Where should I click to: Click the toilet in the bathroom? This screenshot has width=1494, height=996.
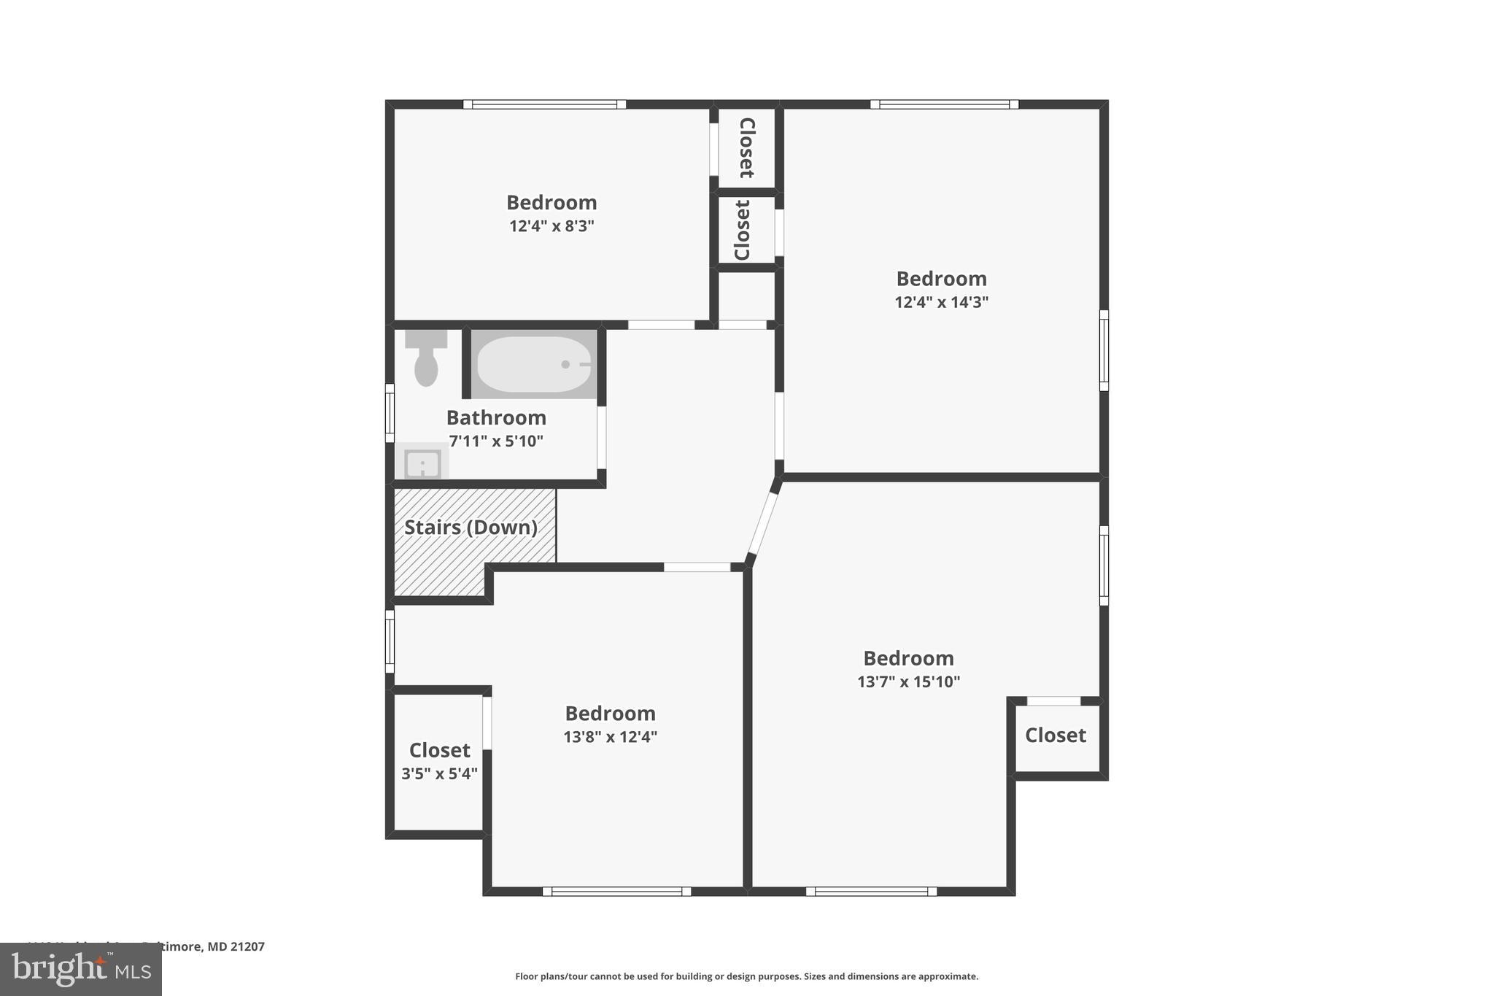[x=426, y=359]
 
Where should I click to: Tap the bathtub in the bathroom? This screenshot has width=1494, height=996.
[x=534, y=364]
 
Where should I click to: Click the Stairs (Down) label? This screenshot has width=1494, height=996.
[x=471, y=528]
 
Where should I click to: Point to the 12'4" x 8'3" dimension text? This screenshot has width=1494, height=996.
[x=551, y=226]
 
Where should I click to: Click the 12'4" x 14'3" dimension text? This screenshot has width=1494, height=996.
[x=941, y=302]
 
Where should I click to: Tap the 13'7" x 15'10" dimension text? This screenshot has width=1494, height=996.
[x=908, y=682]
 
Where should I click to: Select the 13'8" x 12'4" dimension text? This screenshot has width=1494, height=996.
[x=610, y=737]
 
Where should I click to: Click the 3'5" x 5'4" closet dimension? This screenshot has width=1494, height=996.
[x=439, y=773]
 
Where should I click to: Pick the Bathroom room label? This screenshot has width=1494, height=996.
[x=496, y=418]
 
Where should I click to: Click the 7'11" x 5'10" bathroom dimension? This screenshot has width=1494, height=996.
[x=496, y=441]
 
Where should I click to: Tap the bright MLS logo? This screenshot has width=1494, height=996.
[x=81, y=969]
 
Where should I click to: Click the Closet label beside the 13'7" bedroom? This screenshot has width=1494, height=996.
[x=1055, y=736]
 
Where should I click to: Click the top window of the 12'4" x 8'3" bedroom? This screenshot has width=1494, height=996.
[x=544, y=104]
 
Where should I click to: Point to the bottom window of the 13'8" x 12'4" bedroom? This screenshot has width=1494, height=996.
[x=616, y=891]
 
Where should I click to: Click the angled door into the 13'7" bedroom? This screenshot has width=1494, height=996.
[x=764, y=523]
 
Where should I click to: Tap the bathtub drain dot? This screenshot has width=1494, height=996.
[x=565, y=364]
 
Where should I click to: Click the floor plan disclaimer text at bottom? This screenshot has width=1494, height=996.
[x=746, y=976]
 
